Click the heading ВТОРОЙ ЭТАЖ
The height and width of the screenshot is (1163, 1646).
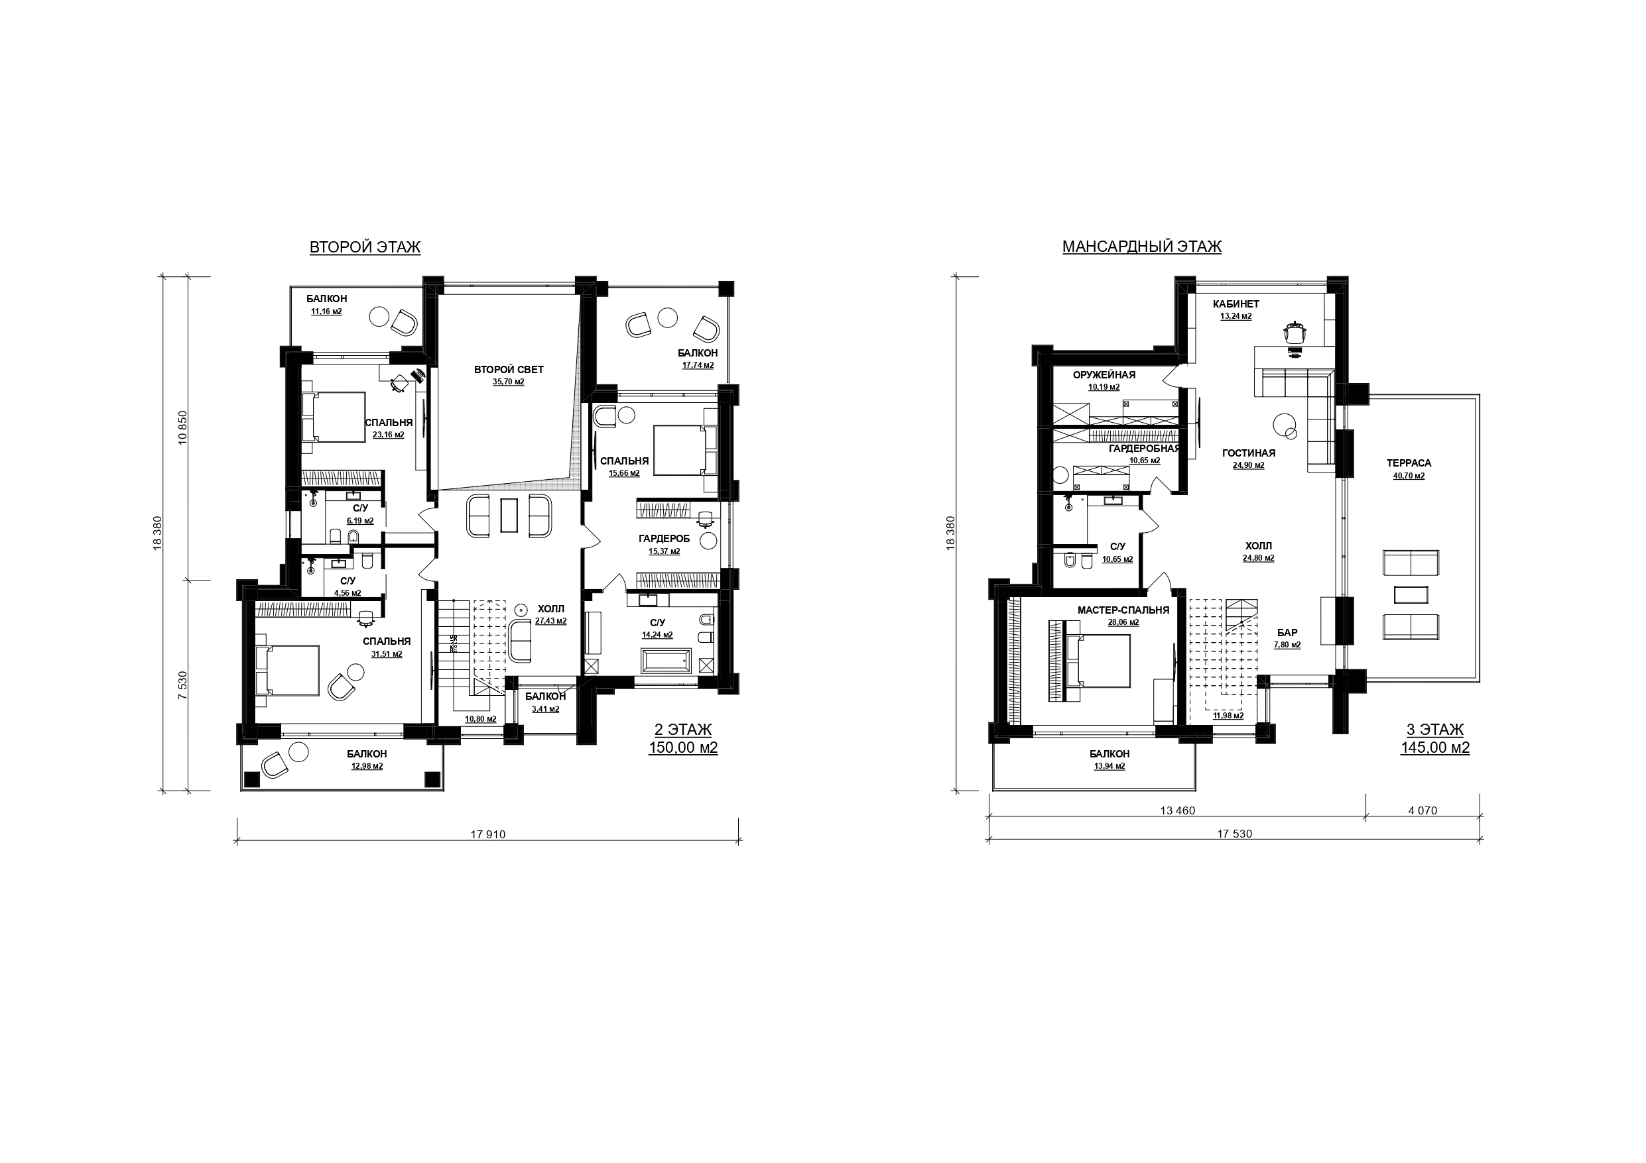coord(365,247)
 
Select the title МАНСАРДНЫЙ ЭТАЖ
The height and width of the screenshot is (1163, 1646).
coord(1142,247)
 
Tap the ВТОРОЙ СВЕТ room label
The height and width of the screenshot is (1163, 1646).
coord(509,370)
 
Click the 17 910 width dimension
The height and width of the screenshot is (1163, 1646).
coord(488,834)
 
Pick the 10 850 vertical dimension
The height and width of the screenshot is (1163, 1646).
coord(182,428)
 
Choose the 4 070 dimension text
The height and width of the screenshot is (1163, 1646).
coord(1423,810)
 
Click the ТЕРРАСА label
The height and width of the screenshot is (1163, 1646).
coord(1409,463)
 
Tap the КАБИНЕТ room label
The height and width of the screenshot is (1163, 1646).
coord(1236,304)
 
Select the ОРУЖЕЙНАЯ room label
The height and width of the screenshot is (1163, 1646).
coord(1104,375)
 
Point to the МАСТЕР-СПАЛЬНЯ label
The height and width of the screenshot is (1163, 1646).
coord(1123,610)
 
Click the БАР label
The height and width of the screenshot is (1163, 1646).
coord(1287,633)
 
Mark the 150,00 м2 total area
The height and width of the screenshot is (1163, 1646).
coord(683,748)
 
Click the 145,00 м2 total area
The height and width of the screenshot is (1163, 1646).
coord(1435,748)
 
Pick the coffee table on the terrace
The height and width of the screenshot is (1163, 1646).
coord(1411,595)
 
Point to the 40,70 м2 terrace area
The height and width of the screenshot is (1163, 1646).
coord(1409,475)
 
